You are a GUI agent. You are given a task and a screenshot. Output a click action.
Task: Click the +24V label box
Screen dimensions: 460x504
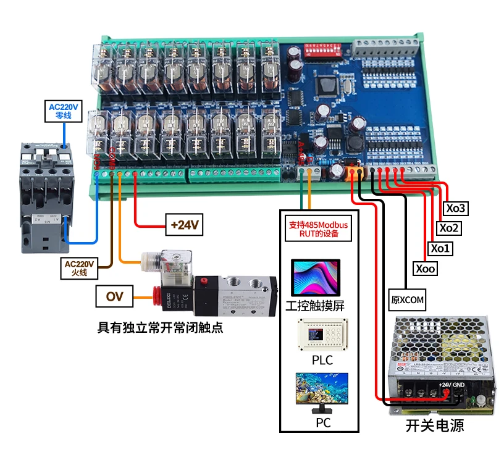(185, 225)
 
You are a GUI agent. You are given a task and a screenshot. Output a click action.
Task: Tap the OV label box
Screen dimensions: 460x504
(114, 297)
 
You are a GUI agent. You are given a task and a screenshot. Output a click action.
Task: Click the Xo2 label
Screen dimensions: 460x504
(449, 228)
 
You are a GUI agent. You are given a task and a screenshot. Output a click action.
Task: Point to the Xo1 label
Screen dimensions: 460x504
(441, 248)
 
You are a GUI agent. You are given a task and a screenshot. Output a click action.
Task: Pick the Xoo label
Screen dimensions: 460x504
(426, 269)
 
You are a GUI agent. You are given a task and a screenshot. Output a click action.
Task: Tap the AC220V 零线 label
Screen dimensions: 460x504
(64, 111)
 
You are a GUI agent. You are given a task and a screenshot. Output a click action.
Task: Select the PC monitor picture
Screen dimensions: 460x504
(321, 392)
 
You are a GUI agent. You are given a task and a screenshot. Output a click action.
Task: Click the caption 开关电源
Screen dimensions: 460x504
(435, 425)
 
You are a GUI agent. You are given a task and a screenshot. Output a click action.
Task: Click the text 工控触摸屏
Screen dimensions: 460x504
(315, 305)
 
